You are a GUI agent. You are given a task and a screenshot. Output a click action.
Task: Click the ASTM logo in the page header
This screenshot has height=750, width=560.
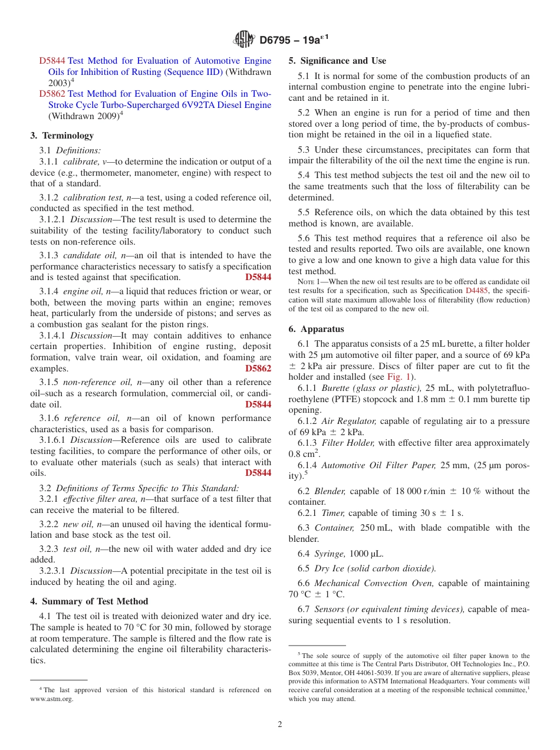click(243, 40)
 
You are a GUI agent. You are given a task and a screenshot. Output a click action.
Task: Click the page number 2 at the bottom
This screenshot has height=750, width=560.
click(280, 724)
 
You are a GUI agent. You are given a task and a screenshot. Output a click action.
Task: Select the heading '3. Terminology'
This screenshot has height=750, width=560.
click(62, 136)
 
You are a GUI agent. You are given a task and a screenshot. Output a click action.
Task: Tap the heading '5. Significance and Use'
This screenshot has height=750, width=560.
click(337, 61)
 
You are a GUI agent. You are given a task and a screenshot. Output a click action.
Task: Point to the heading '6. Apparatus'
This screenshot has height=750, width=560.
click(317, 329)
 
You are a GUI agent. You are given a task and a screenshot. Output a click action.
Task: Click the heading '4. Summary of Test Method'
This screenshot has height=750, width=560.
click(89, 601)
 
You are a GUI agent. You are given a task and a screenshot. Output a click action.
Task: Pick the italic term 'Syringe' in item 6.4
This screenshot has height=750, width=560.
click(329, 554)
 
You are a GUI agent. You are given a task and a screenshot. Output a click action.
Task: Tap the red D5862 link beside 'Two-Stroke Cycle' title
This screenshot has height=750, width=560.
click(52, 94)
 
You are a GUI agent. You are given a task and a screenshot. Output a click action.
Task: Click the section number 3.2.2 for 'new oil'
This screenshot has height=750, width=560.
click(49, 524)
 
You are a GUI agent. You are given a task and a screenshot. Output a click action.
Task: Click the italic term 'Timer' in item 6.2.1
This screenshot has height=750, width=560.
click(333, 513)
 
